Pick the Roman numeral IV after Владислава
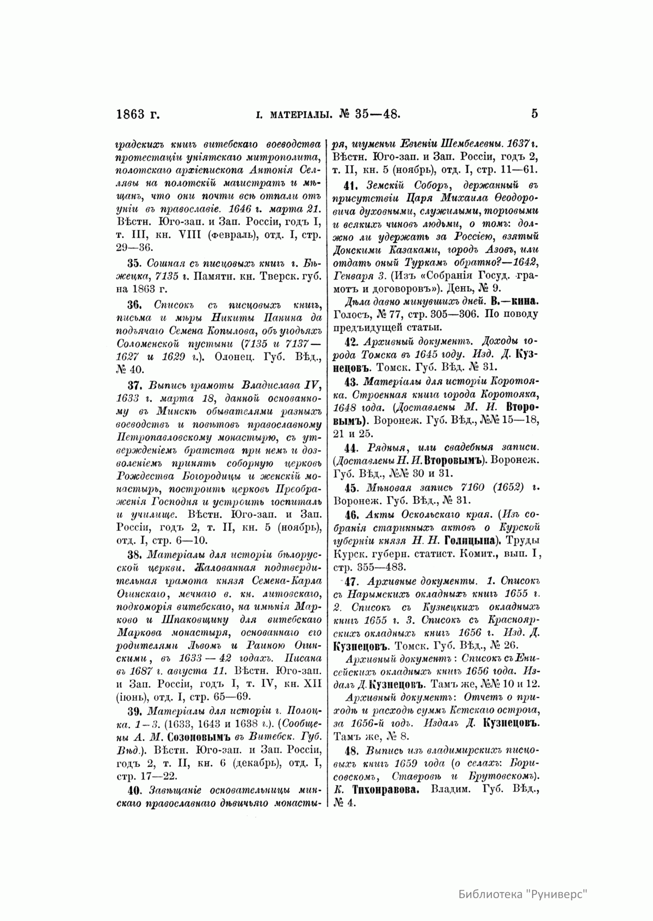click(x=311, y=386)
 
